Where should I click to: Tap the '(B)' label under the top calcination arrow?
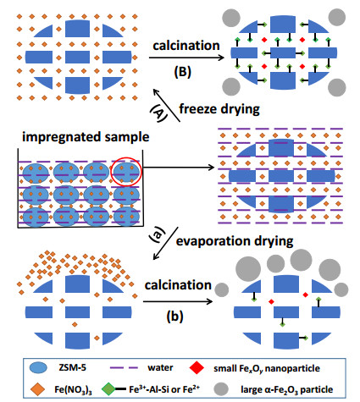182,72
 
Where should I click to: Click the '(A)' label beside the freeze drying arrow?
158,112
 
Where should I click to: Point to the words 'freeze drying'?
219,109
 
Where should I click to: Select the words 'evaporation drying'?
235,241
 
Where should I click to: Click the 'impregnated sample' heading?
86,137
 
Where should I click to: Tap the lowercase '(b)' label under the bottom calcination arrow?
174,316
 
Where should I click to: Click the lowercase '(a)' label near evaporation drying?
158,234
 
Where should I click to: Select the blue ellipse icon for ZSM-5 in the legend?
38,367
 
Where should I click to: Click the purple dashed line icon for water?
124,367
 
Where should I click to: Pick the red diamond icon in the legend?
197,367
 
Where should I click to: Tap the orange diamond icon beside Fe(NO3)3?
37,389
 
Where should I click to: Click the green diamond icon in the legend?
108,389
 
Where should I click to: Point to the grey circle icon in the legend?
221,389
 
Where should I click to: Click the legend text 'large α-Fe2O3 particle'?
286,389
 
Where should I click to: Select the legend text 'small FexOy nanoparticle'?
267,368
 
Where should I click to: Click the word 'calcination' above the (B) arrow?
186,46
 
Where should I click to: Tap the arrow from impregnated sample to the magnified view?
179,168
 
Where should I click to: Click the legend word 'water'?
160,367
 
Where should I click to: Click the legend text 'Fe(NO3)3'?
73,390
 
